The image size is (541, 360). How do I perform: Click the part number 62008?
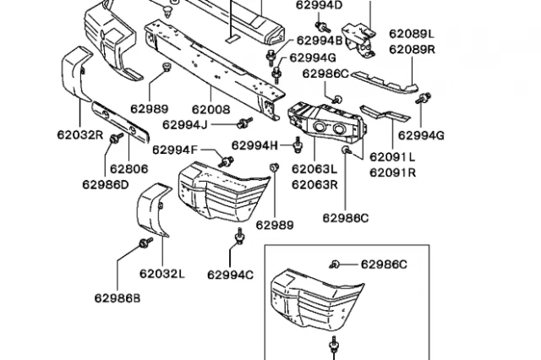[x=210, y=110]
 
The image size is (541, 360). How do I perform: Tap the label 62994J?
[x=185, y=124]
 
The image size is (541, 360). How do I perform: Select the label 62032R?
[x=80, y=135]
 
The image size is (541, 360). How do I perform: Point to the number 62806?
[x=129, y=169]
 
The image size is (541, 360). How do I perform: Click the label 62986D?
[x=105, y=185]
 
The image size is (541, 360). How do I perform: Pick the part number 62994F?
[x=175, y=150]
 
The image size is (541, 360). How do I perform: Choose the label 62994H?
[x=254, y=145]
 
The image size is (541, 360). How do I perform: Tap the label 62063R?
[x=314, y=185]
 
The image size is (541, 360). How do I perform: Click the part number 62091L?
[x=392, y=157]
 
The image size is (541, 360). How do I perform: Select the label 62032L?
[x=161, y=274]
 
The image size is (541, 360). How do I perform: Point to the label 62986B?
[x=117, y=298]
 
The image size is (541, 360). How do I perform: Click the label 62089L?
[x=412, y=34]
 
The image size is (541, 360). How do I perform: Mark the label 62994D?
[x=320, y=6]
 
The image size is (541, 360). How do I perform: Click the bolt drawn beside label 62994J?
[x=244, y=123]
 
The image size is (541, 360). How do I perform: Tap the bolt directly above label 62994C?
[x=239, y=237]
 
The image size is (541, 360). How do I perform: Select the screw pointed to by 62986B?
[x=145, y=243]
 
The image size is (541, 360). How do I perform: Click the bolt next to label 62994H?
[x=298, y=145]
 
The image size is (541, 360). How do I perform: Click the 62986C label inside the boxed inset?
[x=384, y=265]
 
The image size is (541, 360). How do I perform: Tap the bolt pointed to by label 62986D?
[x=116, y=138]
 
